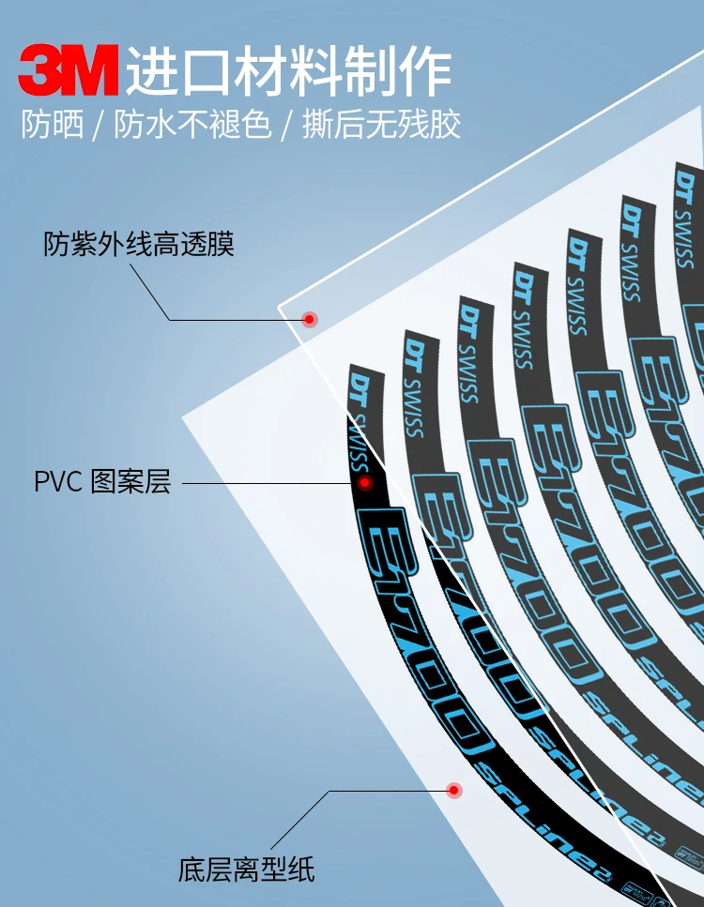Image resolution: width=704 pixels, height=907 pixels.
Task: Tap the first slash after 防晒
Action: coord(99,126)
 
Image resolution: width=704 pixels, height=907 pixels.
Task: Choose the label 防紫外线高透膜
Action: coord(139,245)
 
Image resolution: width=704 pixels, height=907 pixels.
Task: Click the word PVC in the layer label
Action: coord(59,483)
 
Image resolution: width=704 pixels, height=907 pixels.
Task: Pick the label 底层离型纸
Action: coord(246,869)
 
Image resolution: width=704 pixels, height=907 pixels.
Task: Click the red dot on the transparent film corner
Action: coord(309,319)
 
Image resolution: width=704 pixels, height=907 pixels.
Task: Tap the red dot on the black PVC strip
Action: coord(364,482)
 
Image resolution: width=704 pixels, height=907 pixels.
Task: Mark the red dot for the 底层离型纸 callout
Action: coord(454,791)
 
